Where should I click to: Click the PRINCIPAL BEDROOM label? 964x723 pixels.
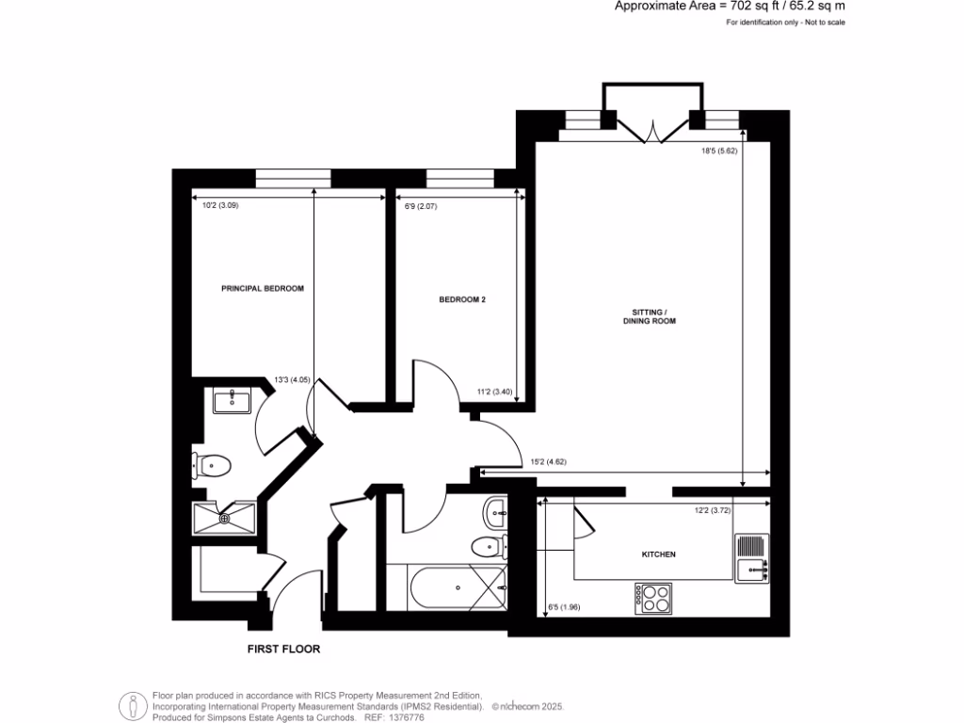(263, 288)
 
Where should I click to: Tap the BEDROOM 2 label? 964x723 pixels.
(462, 300)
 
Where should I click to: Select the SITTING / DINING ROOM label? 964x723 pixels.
(650, 316)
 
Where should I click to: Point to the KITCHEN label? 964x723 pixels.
(659, 554)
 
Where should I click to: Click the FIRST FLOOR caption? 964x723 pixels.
(283, 649)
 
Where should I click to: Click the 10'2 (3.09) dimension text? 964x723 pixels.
(222, 206)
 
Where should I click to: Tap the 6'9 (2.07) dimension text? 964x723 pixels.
(420, 206)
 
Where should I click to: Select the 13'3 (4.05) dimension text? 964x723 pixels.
(292, 380)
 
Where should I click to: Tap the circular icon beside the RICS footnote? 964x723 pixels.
(133, 705)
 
